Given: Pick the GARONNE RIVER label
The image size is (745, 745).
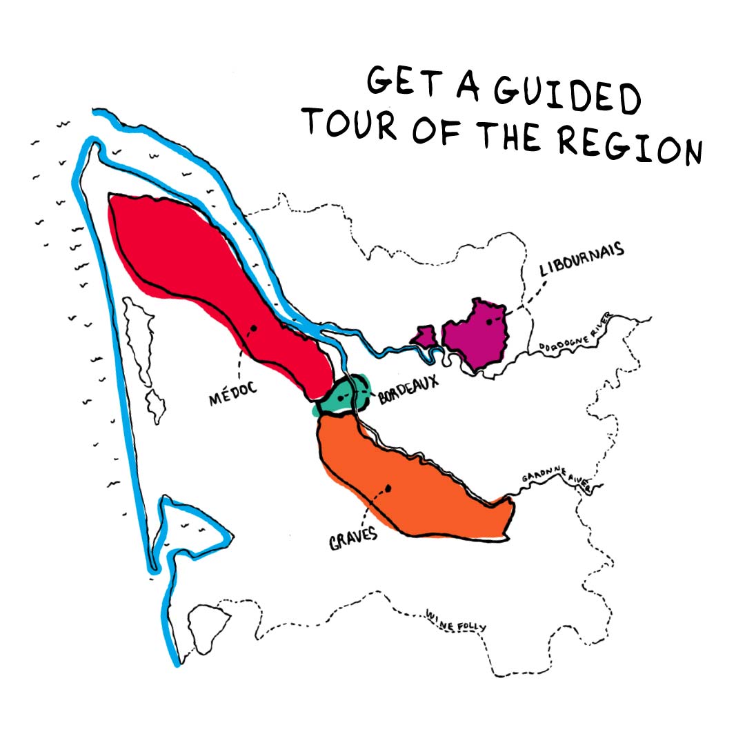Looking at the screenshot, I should pos(556,477).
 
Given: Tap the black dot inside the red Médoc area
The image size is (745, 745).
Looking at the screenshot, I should pos(254,328).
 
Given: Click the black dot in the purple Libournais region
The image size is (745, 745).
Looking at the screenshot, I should pos(488,321).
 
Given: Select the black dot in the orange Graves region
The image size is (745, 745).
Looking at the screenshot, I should pos(388,488).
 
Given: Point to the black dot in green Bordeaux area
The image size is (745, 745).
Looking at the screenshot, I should pos(341,398).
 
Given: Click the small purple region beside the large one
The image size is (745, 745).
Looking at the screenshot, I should pos(425,337).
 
